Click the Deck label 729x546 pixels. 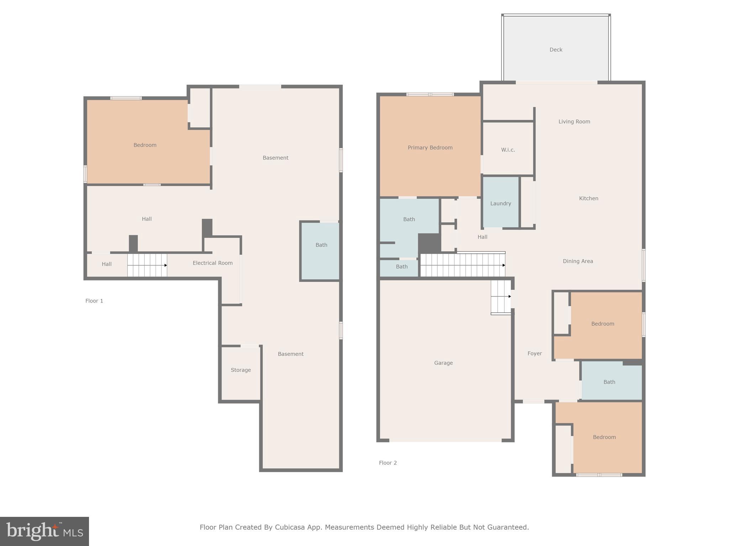coord(556,50)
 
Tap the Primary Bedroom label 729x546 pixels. coord(430,148)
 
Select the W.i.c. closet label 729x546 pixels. coord(508,150)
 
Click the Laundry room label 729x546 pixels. coord(500,204)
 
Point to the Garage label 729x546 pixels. coord(443,363)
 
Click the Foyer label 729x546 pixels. coord(534,353)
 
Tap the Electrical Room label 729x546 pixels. coord(213,263)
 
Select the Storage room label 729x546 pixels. coord(241,370)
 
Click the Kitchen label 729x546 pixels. coord(588,198)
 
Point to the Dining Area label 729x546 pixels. coord(578,261)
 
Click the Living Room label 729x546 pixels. coord(574,122)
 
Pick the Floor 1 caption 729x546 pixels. coord(94,301)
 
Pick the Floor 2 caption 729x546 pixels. coord(388,463)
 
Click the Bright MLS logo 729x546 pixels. coord(44,531)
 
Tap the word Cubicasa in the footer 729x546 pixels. coord(290,527)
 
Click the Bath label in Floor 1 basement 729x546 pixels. coord(321,245)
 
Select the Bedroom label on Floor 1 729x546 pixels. coord(145,145)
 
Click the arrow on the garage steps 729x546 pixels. coord(510,296)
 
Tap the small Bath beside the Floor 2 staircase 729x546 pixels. coord(402,267)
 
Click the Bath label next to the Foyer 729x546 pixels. coord(609,382)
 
